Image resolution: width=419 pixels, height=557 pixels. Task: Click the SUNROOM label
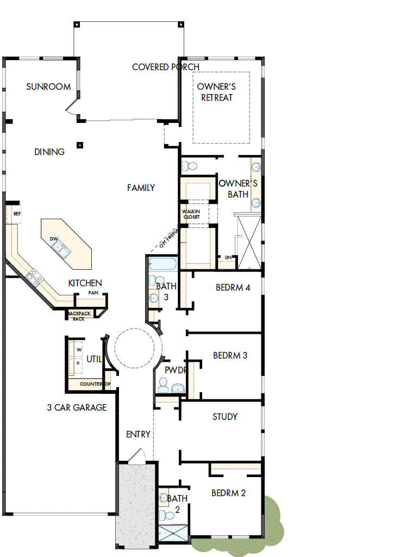point(48,86)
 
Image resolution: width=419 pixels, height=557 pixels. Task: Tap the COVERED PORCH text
point(166,67)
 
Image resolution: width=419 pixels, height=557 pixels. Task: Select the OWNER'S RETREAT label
point(216,92)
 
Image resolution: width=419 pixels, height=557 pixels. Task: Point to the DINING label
point(49,152)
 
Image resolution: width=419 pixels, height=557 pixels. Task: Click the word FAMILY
point(141,188)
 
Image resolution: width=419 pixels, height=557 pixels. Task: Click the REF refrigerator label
point(17,214)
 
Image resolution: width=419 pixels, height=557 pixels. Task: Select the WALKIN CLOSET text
point(191,214)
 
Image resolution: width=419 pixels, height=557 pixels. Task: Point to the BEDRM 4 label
point(233,287)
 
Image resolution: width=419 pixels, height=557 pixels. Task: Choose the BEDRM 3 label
point(230,355)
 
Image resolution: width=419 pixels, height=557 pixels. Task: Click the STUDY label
point(224,417)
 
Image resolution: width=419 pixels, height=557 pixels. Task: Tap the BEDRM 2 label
point(228,493)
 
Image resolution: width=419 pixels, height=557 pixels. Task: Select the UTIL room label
point(94,359)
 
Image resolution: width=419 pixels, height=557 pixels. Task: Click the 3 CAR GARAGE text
point(77,407)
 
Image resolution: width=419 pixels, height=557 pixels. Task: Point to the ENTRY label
point(138,434)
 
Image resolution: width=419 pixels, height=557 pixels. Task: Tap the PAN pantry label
point(93,293)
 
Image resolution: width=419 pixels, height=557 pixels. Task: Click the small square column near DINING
point(80,145)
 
